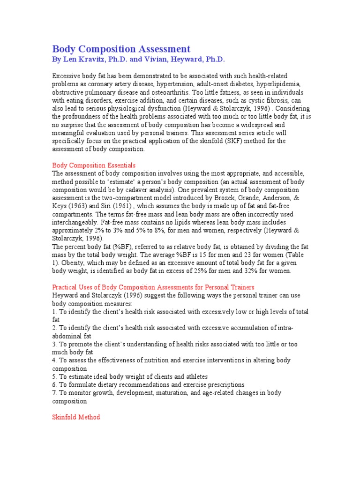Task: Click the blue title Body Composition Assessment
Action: click(x=121, y=49)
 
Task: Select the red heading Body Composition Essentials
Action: click(x=94, y=165)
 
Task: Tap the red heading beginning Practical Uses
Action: click(x=153, y=287)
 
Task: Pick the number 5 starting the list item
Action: click(x=54, y=377)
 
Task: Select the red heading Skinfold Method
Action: click(x=76, y=417)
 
